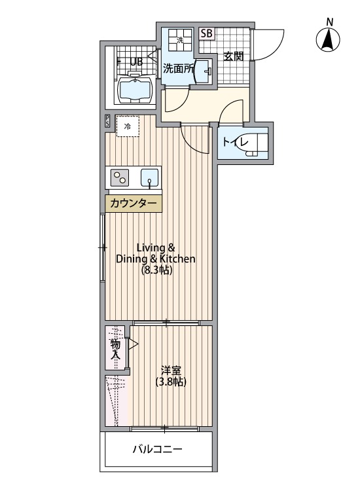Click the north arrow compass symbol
pyautogui.click(x=328, y=40)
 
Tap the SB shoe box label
pyautogui.click(x=206, y=33)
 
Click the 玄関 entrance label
pyautogui.click(x=233, y=56)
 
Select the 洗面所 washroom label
pyautogui.click(x=178, y=68)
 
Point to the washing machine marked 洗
pyautogui.click(x=180, y=40)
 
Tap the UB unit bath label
pyautogui.click(x=137, y=62)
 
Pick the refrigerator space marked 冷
pyautogui.click(x=128, y=126)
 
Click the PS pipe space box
pyautogui.click(x=107, y=121)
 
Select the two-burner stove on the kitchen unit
pyautogui.click(x=120, y=177)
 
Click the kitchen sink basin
pyautogui.click(x=150, y=177)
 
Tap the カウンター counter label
pyautogui.click(x=134, y=204)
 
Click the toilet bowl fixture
pyautogui.click(x=256, y=145)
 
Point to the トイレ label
pyautogui.click(x=235, y=143)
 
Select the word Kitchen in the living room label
pyautogui.click(x=177, y=259)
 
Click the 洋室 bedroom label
pyautogui.click(x=171, y=371)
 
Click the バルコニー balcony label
pyautogui.click(x=158, y=450)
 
